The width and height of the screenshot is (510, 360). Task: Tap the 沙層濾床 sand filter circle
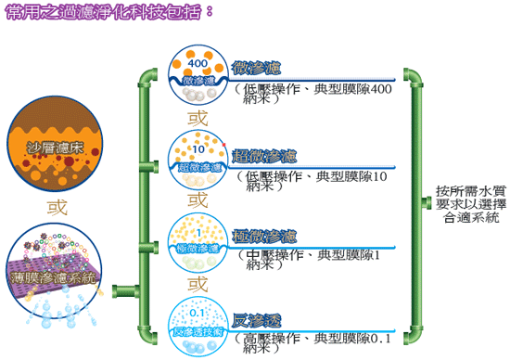49,146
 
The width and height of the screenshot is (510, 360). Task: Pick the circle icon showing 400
197,71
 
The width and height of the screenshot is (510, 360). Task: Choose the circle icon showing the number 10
197,158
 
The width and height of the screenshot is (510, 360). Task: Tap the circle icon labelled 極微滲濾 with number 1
197,240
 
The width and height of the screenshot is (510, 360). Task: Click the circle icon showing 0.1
197,322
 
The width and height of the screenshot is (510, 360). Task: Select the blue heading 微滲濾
258,68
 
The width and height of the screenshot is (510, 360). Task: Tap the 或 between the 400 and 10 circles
198,118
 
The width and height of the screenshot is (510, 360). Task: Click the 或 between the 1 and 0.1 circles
198,283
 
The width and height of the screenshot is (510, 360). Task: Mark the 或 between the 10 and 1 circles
198,199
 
